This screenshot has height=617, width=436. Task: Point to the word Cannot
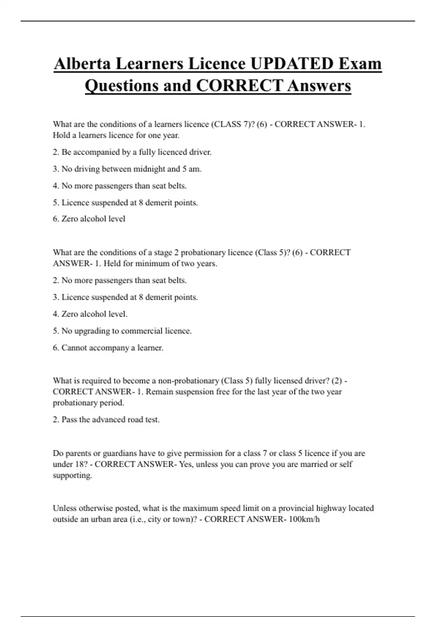pyautogui.click(x=74, y=348)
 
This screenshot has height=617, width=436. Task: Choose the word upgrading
pyautogui.click(x=92, y=331)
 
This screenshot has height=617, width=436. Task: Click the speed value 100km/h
pyautogui.click(x=304, y=519)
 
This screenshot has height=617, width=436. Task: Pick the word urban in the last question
pyautogui.click(x=102, y=519)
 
